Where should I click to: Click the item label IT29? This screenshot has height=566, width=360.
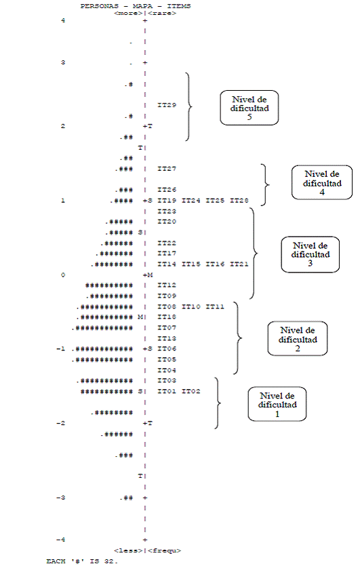point(167,105)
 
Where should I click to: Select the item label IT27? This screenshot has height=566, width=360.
point(167,169)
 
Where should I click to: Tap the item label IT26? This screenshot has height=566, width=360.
point(167,190)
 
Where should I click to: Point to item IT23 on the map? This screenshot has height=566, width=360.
point(167,211)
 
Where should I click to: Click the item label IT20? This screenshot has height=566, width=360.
point(167,221)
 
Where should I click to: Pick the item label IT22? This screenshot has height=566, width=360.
point(167,243)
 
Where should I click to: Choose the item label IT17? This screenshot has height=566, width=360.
point(167,254)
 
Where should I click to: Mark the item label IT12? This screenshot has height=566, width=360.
point(167,285)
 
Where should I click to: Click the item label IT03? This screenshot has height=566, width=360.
point(167,380)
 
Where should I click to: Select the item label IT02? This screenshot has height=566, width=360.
point(191,391)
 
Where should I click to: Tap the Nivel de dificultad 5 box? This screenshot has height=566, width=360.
point(249,108)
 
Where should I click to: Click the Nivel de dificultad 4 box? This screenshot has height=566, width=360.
point(322,182)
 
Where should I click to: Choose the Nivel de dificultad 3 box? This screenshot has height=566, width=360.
point(311,254)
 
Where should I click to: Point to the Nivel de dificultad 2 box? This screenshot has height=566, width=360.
point(298,339)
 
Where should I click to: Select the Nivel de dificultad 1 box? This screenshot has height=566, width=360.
point(277,404)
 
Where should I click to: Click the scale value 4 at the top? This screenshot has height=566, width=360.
point(63,20)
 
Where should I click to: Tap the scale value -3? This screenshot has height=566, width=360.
point(60,498)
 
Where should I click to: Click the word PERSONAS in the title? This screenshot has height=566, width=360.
point(95,6)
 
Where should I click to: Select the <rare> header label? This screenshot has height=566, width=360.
point(162,14)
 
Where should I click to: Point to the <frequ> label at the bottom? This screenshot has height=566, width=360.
point(165,550)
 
